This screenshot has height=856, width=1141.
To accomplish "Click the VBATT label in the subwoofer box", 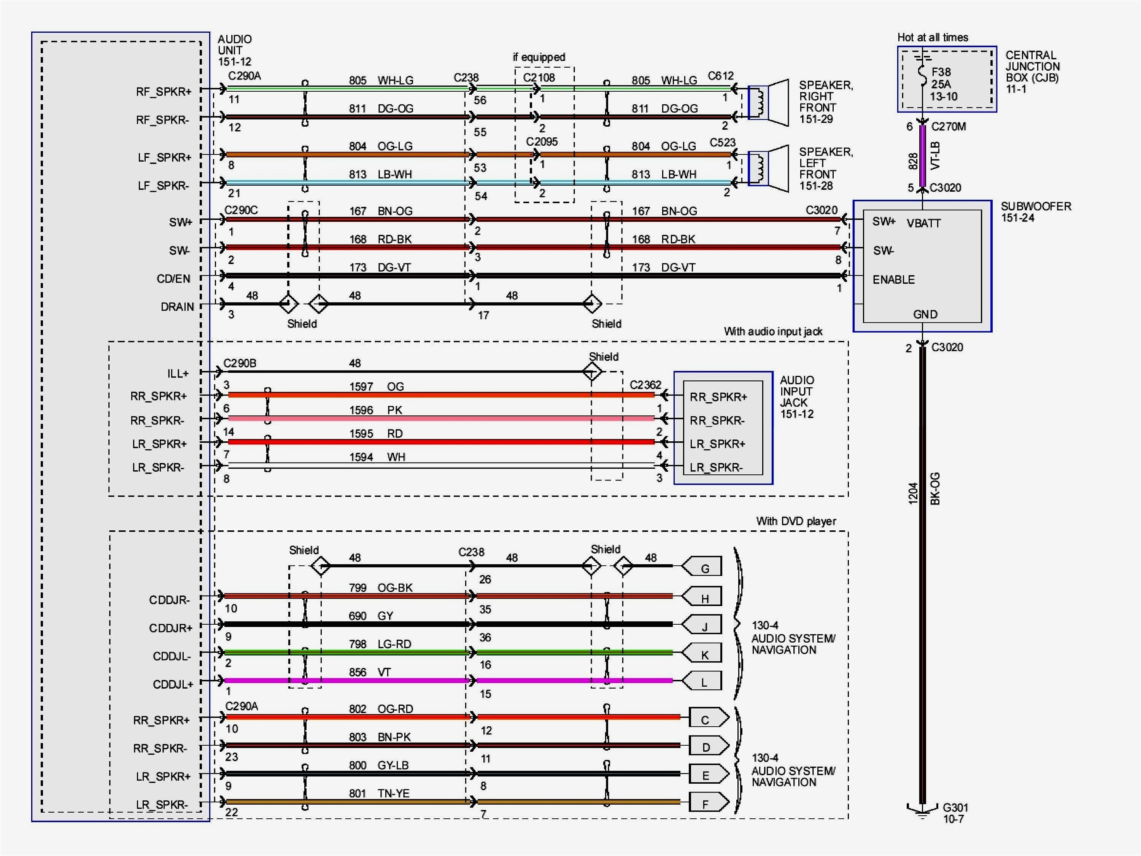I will point(924,223).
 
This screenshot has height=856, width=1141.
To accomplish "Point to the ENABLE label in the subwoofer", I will point(893,280).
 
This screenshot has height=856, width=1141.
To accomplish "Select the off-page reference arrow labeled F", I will point(709,803).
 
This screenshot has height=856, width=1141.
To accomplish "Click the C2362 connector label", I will point(645,385).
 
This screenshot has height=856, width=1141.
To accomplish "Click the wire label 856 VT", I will point(370,672).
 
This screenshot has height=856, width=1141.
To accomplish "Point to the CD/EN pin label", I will point(173,278).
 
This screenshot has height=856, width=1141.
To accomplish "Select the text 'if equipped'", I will point(539,57).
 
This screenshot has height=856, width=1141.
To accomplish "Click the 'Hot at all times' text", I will point(932,37).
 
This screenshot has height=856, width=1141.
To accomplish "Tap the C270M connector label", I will point(948,126).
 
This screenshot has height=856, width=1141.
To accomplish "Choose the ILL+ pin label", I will point(178,373).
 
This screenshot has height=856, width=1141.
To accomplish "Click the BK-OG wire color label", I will point(935,488).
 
